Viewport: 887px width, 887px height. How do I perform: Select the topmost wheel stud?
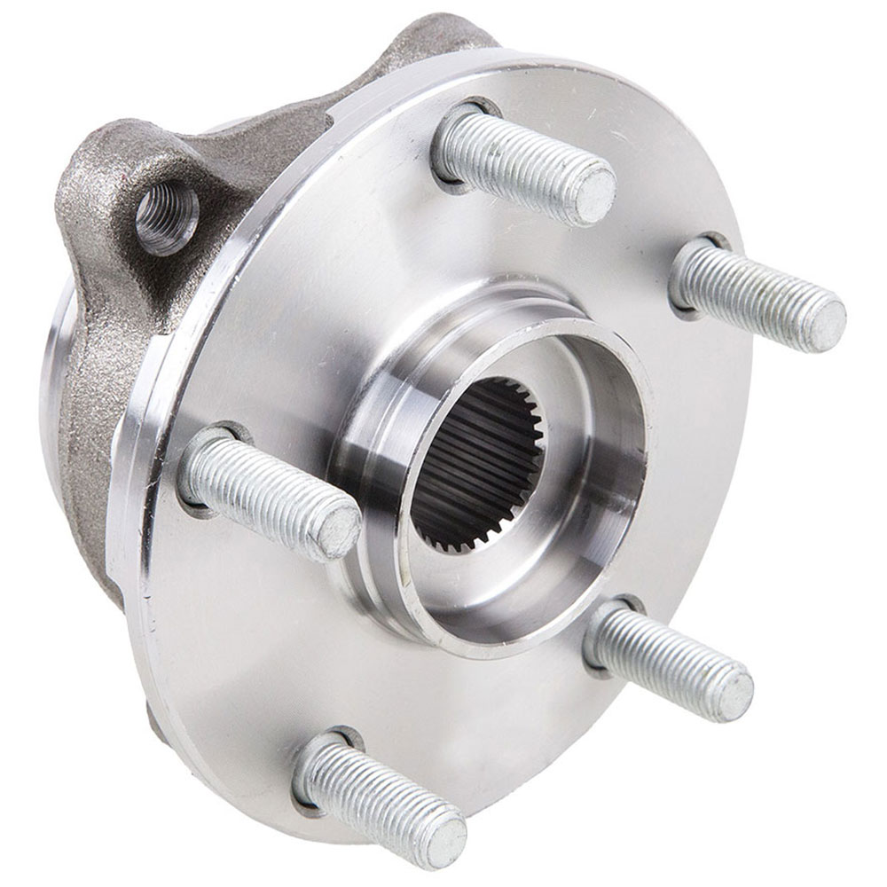tap(523, 164)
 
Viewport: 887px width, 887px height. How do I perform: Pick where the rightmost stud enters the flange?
tap(690, 266)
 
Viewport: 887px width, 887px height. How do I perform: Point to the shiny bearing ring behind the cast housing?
tap(55, 373)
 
